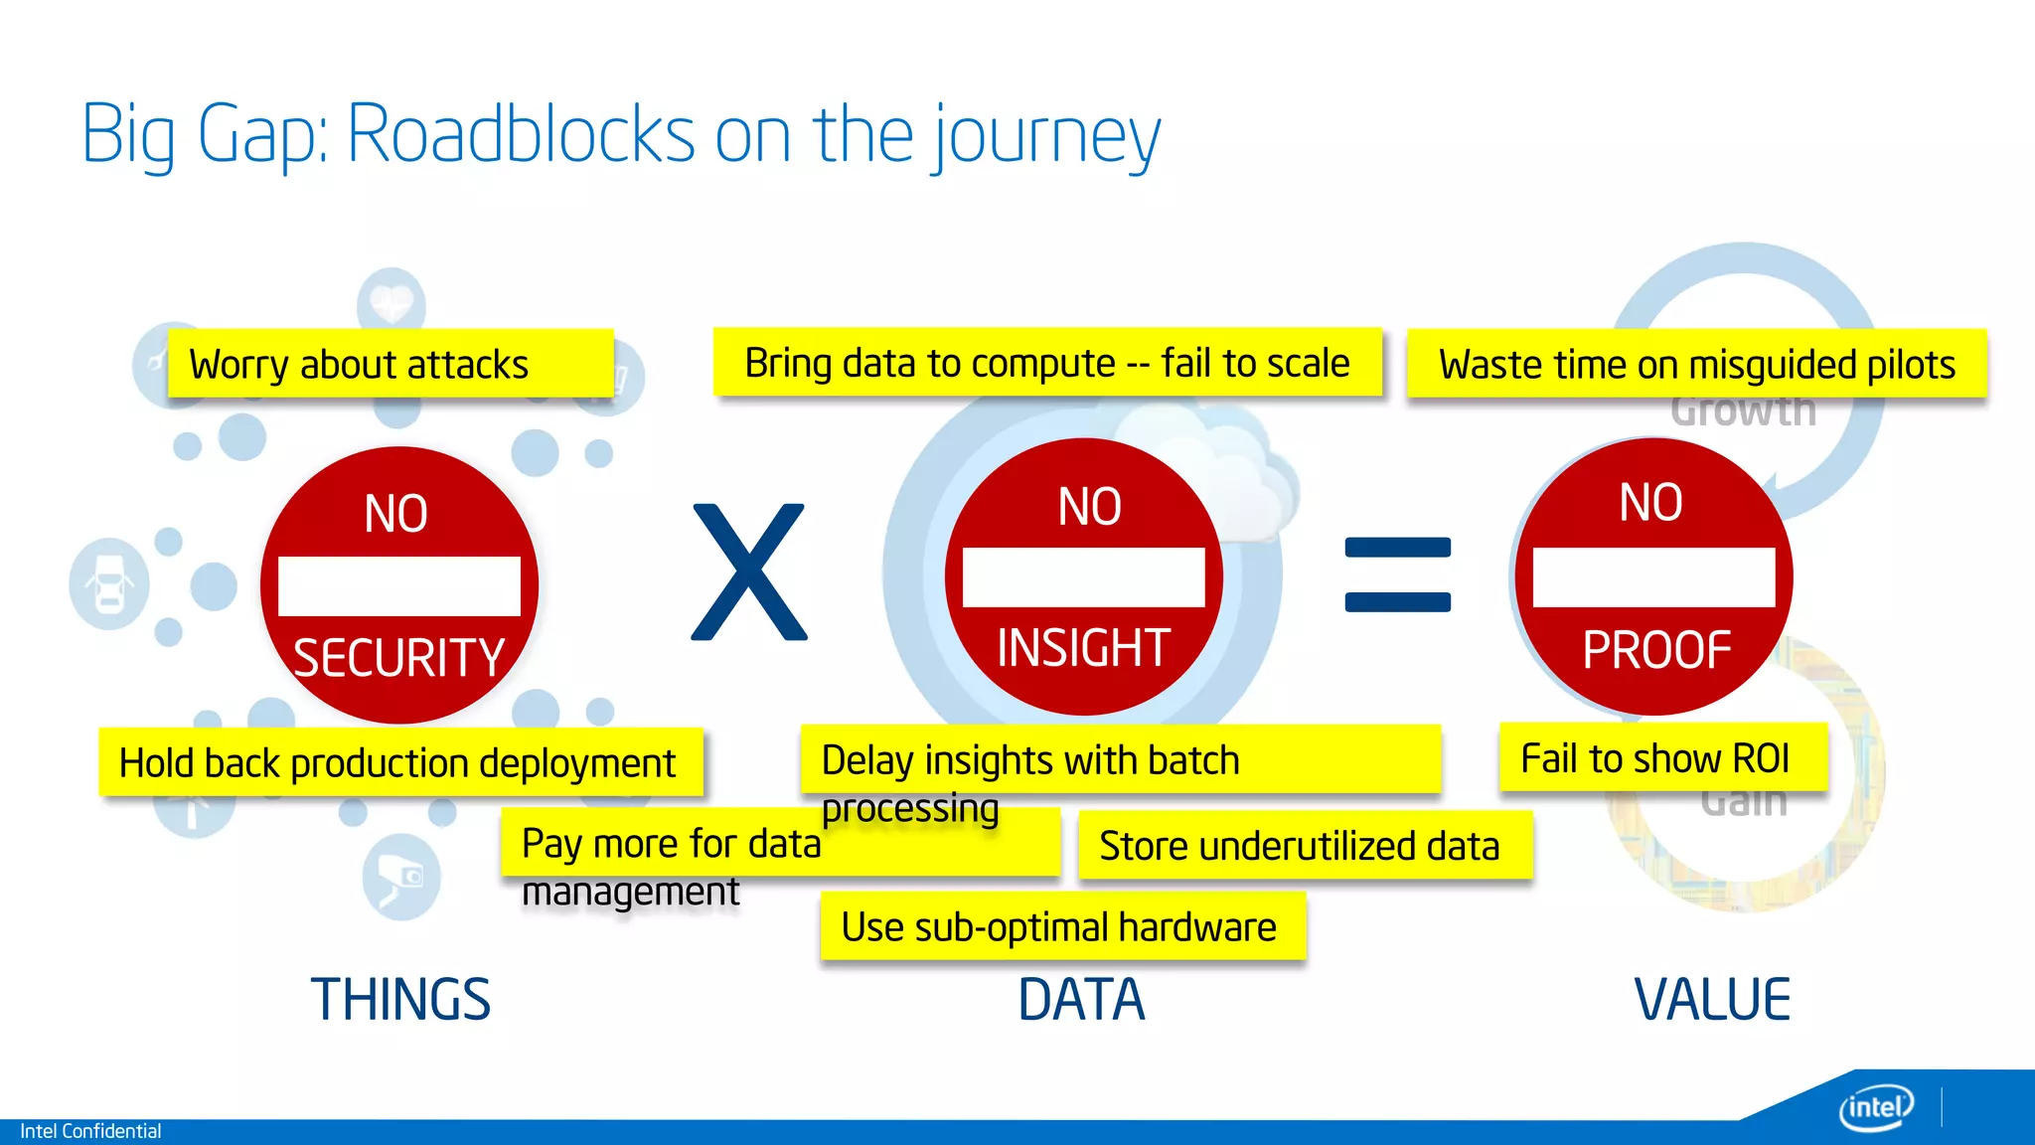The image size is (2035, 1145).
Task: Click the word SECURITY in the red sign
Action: pos(398,658)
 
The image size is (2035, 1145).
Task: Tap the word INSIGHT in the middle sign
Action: pos(1083,648)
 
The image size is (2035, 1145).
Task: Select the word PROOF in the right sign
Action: pos(1656,651)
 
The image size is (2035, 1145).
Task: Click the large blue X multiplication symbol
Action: pos(749,572)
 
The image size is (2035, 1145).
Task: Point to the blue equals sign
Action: pos(1397,574)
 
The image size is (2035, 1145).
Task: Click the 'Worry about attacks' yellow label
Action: pos(390,364)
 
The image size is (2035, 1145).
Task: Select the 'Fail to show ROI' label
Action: pos(1661,758)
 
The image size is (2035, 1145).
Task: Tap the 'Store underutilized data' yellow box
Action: pos(1304,846)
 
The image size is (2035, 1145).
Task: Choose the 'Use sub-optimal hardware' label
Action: pos(1061,926)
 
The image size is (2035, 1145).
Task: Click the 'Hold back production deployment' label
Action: pos(399,763)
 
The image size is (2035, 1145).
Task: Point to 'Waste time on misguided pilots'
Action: pos(1695,364)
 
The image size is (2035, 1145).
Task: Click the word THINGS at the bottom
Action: pos(400,999)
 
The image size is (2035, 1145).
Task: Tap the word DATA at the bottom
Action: pos(1081,999)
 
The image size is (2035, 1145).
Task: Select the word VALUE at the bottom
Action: pos(1712,999)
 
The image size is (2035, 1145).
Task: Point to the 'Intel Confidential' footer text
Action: pos(90,1131)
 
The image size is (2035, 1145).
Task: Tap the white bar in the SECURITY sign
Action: pos(398,586)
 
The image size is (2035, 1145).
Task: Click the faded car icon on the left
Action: pos(108,584)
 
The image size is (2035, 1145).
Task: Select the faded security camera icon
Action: pos(400,877)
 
